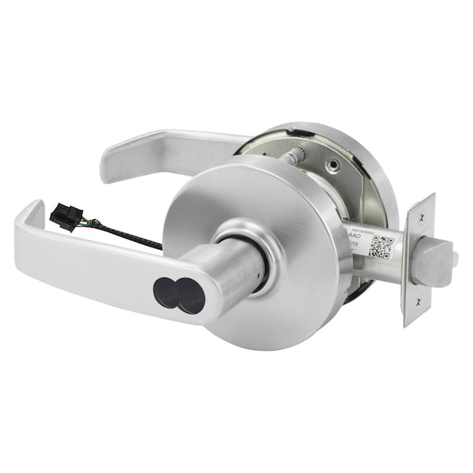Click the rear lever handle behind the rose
click(x=158, y=152)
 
